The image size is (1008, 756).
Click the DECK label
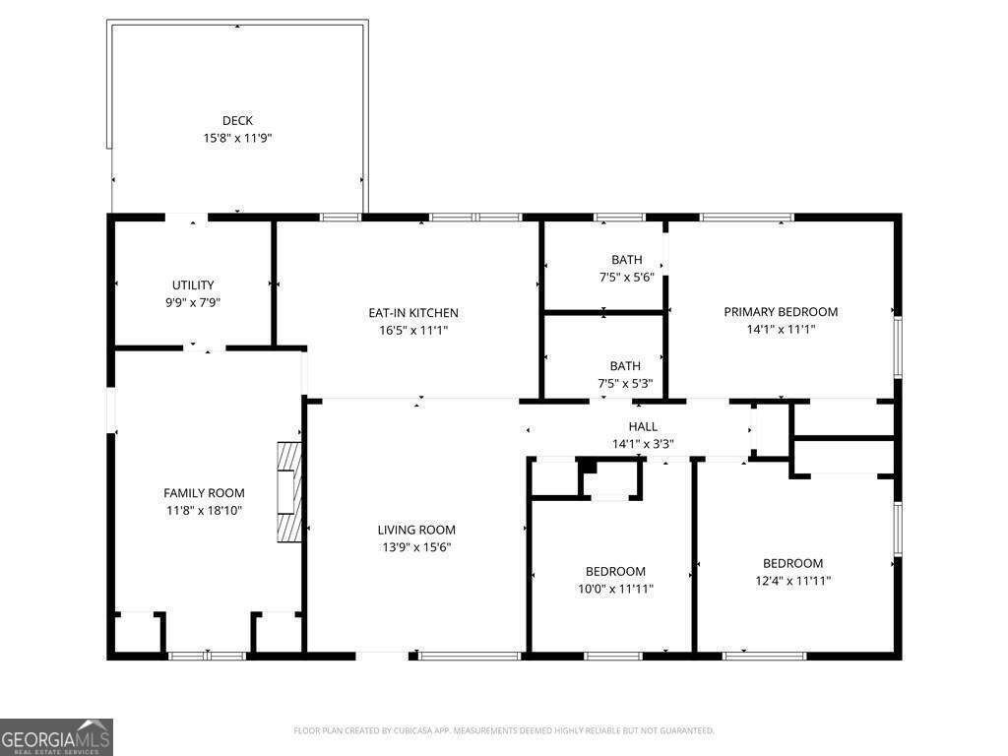click(237, 121)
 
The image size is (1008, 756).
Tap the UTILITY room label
click(193, 285)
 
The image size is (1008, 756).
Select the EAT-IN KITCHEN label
click(413, 313)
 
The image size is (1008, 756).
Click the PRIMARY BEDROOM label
click(781, 312)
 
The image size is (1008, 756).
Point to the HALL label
click(643, 426)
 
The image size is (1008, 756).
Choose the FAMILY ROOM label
click(204, 493)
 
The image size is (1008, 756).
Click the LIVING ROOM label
click(416, 530)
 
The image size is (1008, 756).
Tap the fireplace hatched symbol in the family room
click(288, 492)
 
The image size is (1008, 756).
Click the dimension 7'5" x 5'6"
click(626, 278)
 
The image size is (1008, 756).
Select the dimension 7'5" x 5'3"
click(625, 384)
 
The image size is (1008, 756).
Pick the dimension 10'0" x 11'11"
click(615, 589)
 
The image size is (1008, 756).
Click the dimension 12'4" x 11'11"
click(792, 581)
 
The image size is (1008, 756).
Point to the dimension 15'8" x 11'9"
click(237, 139)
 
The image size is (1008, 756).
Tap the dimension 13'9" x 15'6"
click(416, 547)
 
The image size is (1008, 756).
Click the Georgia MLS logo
click(56, 737)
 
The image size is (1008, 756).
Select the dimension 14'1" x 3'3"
click(643, 444)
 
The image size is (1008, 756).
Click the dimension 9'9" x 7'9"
click(193, 303)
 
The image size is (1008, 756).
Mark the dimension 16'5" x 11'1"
click(413, 331)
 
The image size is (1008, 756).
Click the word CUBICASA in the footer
click(406, 730)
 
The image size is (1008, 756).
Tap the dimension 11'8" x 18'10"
click(204, 511)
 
